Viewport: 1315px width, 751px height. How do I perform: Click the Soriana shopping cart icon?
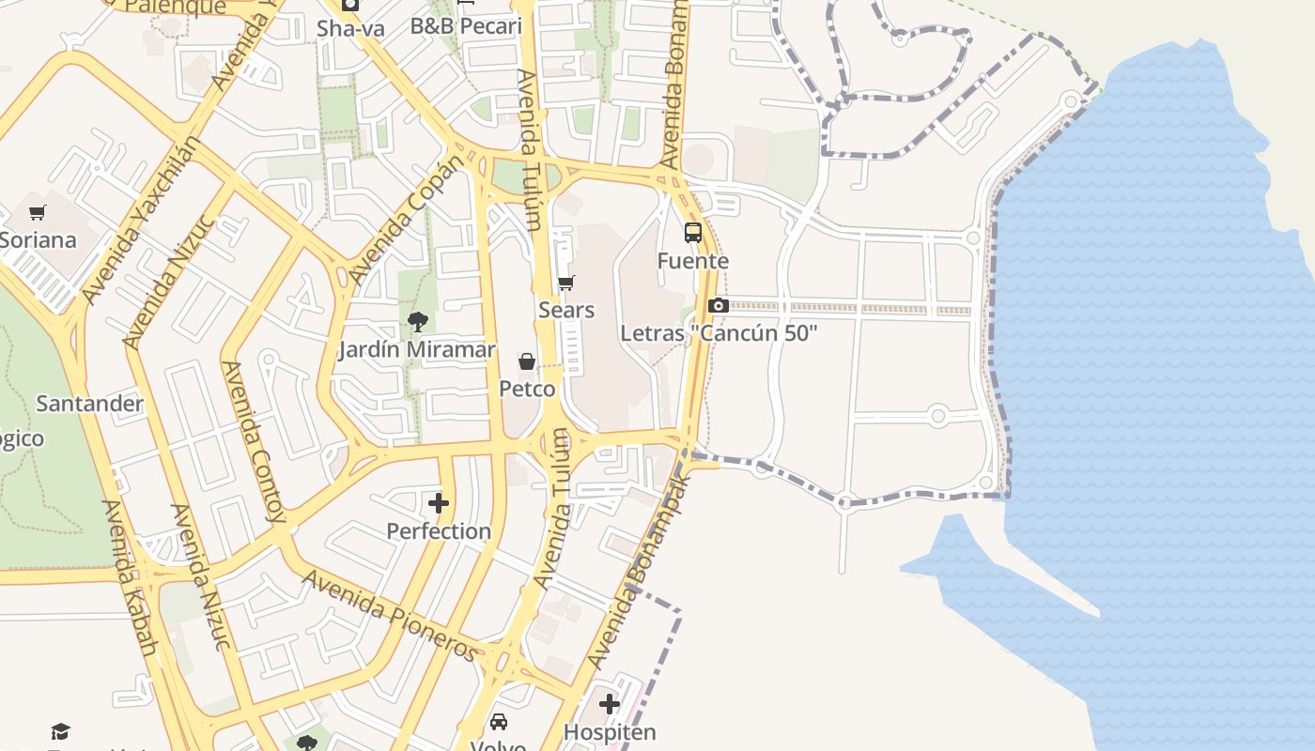(38, 213)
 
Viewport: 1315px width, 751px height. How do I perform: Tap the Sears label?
(566, 310)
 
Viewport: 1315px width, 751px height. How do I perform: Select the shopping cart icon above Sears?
(565, 283)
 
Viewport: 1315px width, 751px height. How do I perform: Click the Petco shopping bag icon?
(527, 361)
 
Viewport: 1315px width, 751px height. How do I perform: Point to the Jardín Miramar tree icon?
(418, 322)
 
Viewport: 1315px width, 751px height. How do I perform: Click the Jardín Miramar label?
(416, 350)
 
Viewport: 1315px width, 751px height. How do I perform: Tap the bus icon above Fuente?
(693, 233)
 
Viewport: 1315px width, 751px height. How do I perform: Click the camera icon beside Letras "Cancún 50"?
(719, 305)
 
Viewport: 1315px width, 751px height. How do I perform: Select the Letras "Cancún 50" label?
(719, 333)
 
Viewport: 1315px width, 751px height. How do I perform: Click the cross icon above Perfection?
(439, 503)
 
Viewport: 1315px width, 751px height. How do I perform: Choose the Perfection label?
(439, 531)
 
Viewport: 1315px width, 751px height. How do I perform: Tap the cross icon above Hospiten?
(610, 703)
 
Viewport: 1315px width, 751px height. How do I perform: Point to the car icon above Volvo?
(499, 722)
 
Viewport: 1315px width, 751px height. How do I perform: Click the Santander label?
(89, 404)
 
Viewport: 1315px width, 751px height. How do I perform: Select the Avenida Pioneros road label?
(391, 615)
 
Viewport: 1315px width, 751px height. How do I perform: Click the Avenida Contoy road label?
(254, 441)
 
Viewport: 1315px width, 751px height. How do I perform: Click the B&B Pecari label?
(466, 26)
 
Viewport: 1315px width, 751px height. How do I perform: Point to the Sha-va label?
(350, 28)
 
